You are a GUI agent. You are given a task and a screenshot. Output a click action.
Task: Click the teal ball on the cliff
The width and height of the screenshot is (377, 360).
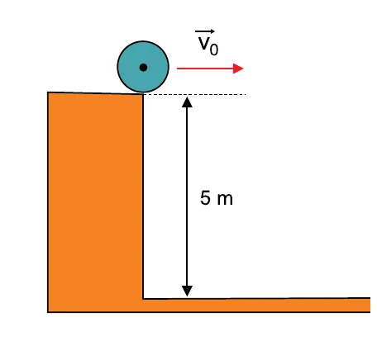143,67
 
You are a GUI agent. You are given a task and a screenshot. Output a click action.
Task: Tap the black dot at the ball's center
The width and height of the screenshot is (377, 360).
143,68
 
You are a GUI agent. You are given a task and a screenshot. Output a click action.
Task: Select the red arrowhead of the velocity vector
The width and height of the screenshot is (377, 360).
238,69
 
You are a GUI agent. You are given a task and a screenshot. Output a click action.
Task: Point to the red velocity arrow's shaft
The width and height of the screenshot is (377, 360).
205,69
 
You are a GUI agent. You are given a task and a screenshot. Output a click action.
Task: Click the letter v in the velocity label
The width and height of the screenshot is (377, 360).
204,44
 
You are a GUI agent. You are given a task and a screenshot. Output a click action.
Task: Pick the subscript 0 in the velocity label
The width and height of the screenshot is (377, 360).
214,50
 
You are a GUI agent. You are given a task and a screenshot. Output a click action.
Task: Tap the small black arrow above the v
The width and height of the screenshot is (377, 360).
205,31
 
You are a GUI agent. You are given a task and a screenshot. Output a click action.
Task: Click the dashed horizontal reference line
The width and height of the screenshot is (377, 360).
194,94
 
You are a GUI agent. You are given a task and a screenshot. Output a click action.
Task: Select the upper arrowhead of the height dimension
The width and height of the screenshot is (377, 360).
187,102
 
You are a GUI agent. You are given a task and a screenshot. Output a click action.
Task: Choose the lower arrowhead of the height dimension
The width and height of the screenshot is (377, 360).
187,291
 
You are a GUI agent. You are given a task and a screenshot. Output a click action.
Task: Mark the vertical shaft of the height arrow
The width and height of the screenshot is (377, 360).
187,197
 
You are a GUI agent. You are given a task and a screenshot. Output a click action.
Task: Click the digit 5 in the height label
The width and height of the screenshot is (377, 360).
205,197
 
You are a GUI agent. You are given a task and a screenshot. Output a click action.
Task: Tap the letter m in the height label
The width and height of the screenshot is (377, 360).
225,200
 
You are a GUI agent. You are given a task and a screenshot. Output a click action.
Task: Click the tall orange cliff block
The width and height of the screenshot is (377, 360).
95,202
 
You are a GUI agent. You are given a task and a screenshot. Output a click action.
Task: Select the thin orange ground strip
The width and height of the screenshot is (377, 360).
256,306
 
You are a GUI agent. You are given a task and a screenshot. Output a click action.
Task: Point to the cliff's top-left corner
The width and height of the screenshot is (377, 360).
48,92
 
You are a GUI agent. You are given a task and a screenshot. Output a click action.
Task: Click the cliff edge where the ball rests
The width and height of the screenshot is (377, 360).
143,94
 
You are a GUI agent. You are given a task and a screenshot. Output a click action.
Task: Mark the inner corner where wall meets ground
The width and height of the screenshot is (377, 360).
143,299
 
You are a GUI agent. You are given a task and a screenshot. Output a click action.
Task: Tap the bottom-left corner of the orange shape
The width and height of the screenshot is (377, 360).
48,312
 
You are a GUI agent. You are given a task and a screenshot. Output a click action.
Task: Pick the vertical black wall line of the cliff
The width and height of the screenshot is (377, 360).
143,197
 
